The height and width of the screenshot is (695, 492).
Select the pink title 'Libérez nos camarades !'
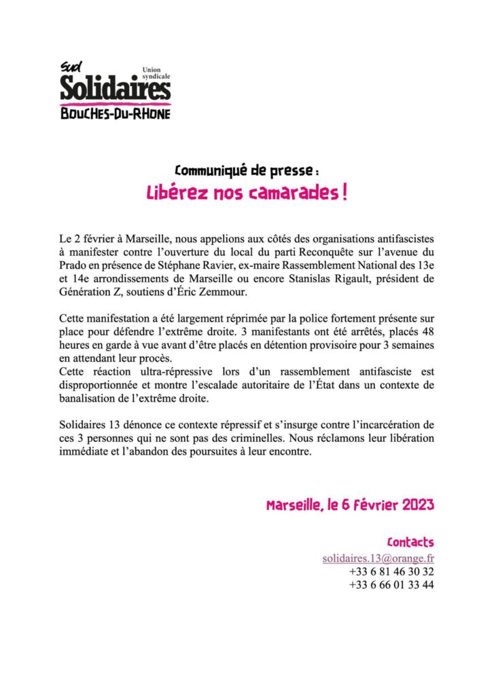point(247,193)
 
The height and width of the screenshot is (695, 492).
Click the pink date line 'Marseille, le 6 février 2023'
point(350,506)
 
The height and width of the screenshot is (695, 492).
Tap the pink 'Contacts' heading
point(410,542)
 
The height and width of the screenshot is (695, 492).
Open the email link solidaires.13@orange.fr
point(379,558)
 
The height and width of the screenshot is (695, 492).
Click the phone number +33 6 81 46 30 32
point(391,571)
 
